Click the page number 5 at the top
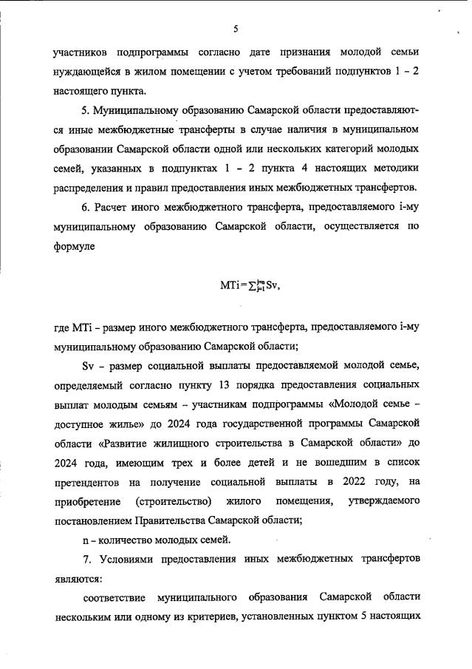[236, 30]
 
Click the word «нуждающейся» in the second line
[89, 72]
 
